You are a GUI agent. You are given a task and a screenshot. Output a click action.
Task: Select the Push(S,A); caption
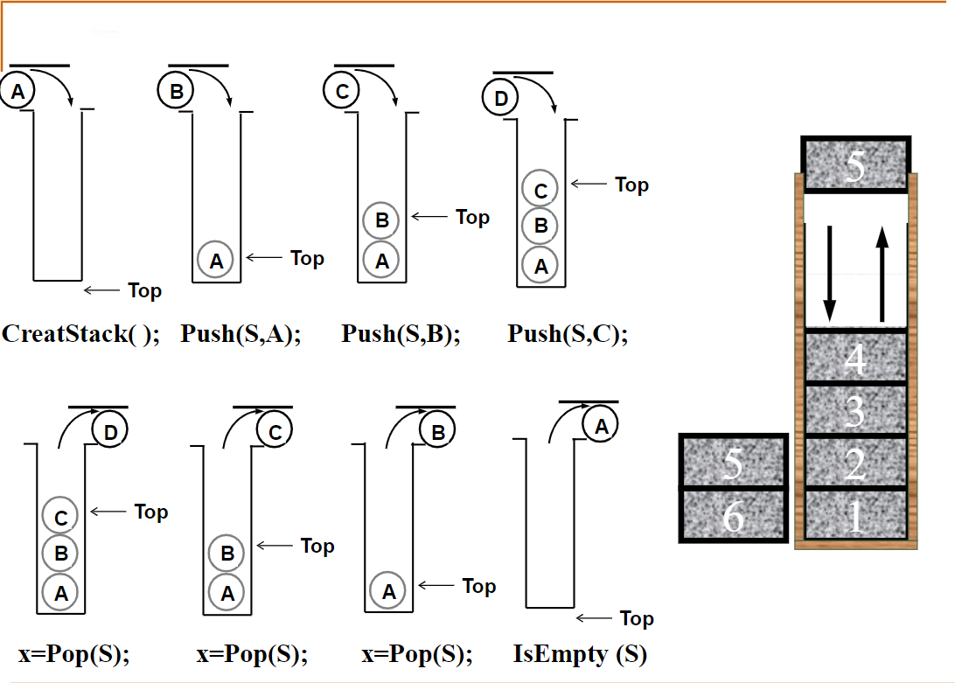click(x=240, y=334)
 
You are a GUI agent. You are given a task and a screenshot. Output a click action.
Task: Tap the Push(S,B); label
click(x=401, y=334)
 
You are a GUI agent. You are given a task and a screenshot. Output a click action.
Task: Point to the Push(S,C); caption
click(x=568, y=334)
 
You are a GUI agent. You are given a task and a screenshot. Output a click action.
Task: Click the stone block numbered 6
click(x=734, y=516)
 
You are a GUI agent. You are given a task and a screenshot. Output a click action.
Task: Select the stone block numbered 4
click(x=855, y=358)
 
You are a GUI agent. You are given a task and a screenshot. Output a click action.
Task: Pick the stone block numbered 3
click(x=855, y=409)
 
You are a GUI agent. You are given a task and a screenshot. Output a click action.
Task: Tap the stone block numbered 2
click(x=855, y=463)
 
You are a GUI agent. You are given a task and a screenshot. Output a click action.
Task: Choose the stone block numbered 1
click(x=855, y=516)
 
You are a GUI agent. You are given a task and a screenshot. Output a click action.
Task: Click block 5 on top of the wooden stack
click(x=856, y=164)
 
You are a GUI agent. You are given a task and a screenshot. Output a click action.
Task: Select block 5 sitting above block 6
click(x=734, y=462)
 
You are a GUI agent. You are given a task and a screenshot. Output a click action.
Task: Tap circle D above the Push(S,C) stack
click(x=500, y=98)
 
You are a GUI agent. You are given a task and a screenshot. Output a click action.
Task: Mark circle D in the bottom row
click(x=110, y=432)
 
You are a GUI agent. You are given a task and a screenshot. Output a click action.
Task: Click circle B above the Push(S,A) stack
click(x=176, y=90)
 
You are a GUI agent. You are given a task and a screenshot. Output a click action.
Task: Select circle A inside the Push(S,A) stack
click(x=216, y=260)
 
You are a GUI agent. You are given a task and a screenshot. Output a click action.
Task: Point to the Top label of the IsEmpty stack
click(x=637, y=618)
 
